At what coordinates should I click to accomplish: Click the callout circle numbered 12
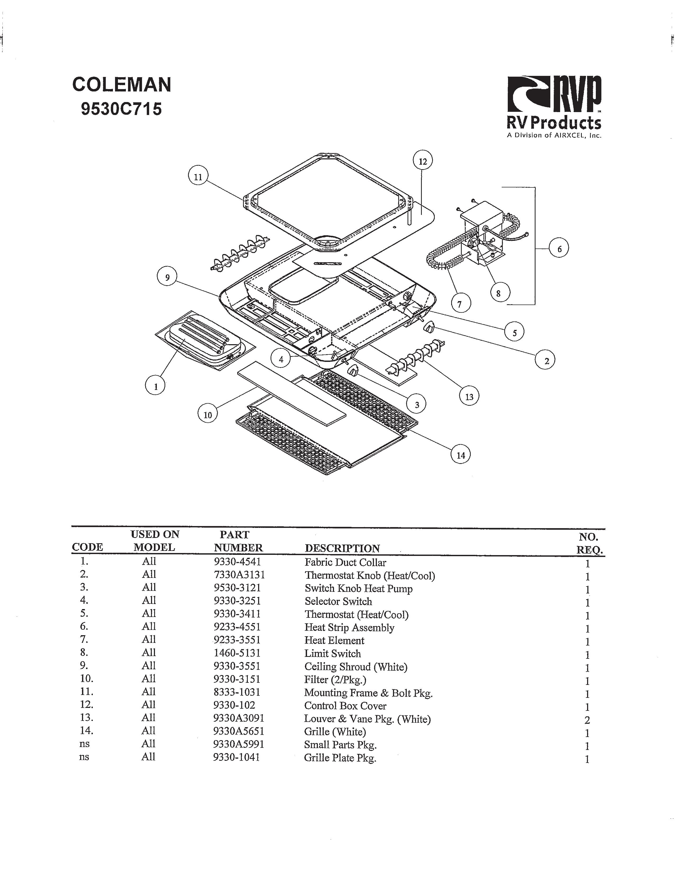click(x=423, y=161)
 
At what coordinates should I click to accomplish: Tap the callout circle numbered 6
click(x=559, y=249)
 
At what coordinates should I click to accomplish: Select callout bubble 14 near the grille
click(x=460, y=455)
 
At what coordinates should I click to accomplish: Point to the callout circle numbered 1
click(x=155, y=386)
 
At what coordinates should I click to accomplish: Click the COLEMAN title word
click(x=122, y=85)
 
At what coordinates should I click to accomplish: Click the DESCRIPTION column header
click(x=342, y=548)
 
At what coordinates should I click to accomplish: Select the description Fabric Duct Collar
click(x=345, y=562)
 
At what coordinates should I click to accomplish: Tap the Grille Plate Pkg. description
click(x=340, y=758)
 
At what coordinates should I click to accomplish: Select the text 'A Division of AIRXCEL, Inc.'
click(x=554, y=135)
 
